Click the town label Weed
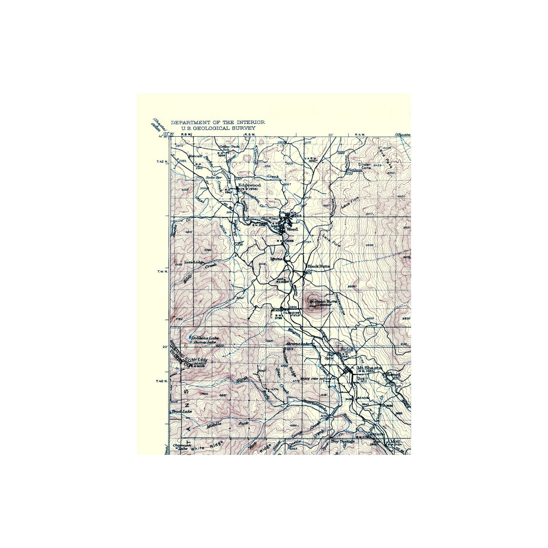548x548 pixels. pos(292,229)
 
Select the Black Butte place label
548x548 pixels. pos(319,266)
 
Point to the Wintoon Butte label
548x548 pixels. pos(323,301)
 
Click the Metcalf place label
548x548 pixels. pos(195,155)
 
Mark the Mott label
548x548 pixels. pos(395,441)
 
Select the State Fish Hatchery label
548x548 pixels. pos(318,378)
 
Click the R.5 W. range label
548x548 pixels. pos(250,134)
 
